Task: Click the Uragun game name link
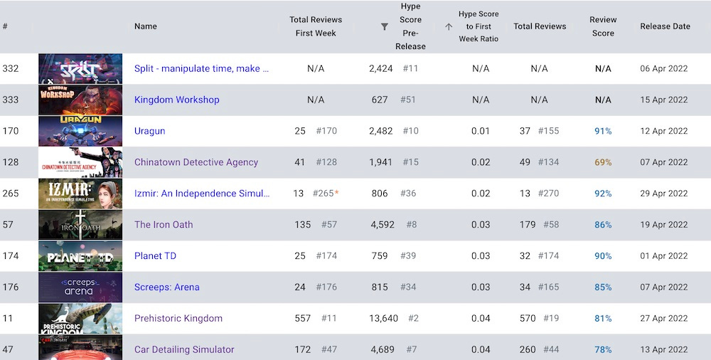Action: tap(151, 131)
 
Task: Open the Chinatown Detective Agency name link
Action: tap(196, 162)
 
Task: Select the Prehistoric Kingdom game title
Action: tap(178, 318)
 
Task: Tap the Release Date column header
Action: tap(665, 26)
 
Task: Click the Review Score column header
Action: tap(603, 26)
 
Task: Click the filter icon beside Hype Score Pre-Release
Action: tap(385, 27)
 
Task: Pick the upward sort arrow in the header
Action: tap(449, 27)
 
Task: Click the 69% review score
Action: tap(603, 162)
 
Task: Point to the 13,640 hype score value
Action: tap(384, 318)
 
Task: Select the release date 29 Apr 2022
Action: tap(664, 194)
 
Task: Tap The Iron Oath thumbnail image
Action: tap(80, 225)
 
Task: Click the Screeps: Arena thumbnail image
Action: tap(80, 287)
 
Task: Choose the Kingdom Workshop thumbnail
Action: tap(80, 100)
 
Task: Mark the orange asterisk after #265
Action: tap(336, 193)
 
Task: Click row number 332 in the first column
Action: tap(10, 68)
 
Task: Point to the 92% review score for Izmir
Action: tap(603, 194)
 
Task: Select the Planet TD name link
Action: tap(155, 256)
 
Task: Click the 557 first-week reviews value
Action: tap(303, 318)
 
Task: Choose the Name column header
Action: tap(146, 26)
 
